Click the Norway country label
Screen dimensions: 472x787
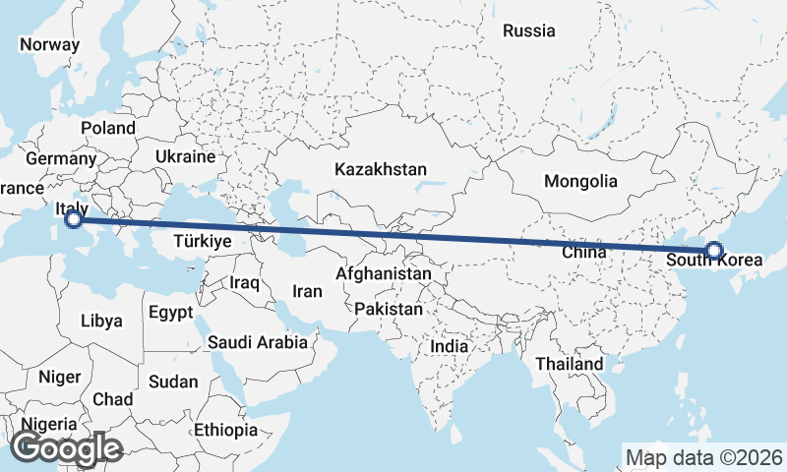tap(49, 44)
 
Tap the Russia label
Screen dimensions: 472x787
tap(529, 30)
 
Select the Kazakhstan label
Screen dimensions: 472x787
tap(380, 169)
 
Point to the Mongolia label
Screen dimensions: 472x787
tap(581, 181)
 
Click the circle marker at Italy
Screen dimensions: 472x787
tap(73, 219)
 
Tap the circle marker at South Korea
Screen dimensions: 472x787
tap(714, 252)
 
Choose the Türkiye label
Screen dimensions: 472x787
tap(202, 241)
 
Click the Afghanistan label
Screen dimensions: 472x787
tap(384, 273)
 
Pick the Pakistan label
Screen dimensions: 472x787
tap(389, 309)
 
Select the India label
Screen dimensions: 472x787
tap(449, 346)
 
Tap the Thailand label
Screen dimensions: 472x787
tap(570, 364)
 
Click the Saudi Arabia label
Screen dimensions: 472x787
tap(257, 342)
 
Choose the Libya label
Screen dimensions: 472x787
tap(101, 321)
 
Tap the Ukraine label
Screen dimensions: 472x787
tap(185, 156)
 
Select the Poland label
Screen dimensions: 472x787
tap(108, 128)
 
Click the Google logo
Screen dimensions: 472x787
tap(66, 448)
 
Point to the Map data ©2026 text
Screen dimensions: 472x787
tap(704, 457)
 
